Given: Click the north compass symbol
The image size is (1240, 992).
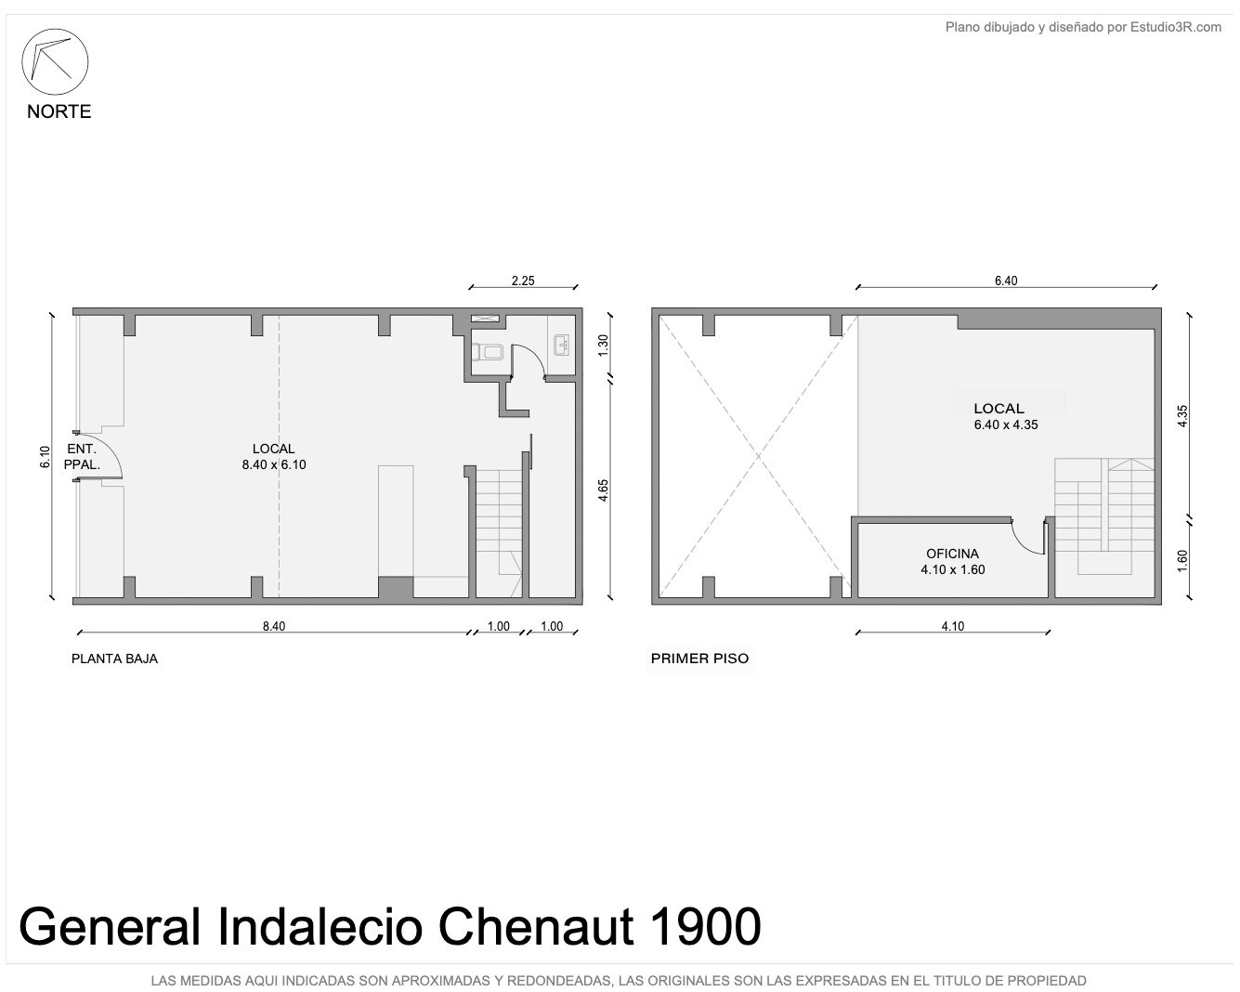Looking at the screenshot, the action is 55,61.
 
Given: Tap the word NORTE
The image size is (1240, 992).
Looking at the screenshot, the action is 59,111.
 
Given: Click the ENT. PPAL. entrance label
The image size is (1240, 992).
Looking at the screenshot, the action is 82,456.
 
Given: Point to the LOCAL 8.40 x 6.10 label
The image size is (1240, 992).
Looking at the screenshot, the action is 274,456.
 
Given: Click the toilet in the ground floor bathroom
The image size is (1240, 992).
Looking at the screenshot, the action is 487,352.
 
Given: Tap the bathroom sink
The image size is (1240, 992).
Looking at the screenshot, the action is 562,345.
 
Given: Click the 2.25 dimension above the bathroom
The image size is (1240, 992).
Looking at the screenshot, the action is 523,281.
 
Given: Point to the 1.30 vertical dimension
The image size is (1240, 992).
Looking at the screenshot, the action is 603,346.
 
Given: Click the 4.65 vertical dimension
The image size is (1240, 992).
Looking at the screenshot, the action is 603,489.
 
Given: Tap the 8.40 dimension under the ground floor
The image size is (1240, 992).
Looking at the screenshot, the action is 274,626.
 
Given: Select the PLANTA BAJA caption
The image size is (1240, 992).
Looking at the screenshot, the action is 114,659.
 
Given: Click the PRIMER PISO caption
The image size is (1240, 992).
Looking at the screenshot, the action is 699,659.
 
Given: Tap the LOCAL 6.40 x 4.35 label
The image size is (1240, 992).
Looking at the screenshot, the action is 1006,417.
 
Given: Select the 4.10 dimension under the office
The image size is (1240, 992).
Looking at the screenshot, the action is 952,626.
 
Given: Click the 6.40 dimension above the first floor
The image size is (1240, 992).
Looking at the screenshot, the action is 1006,281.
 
